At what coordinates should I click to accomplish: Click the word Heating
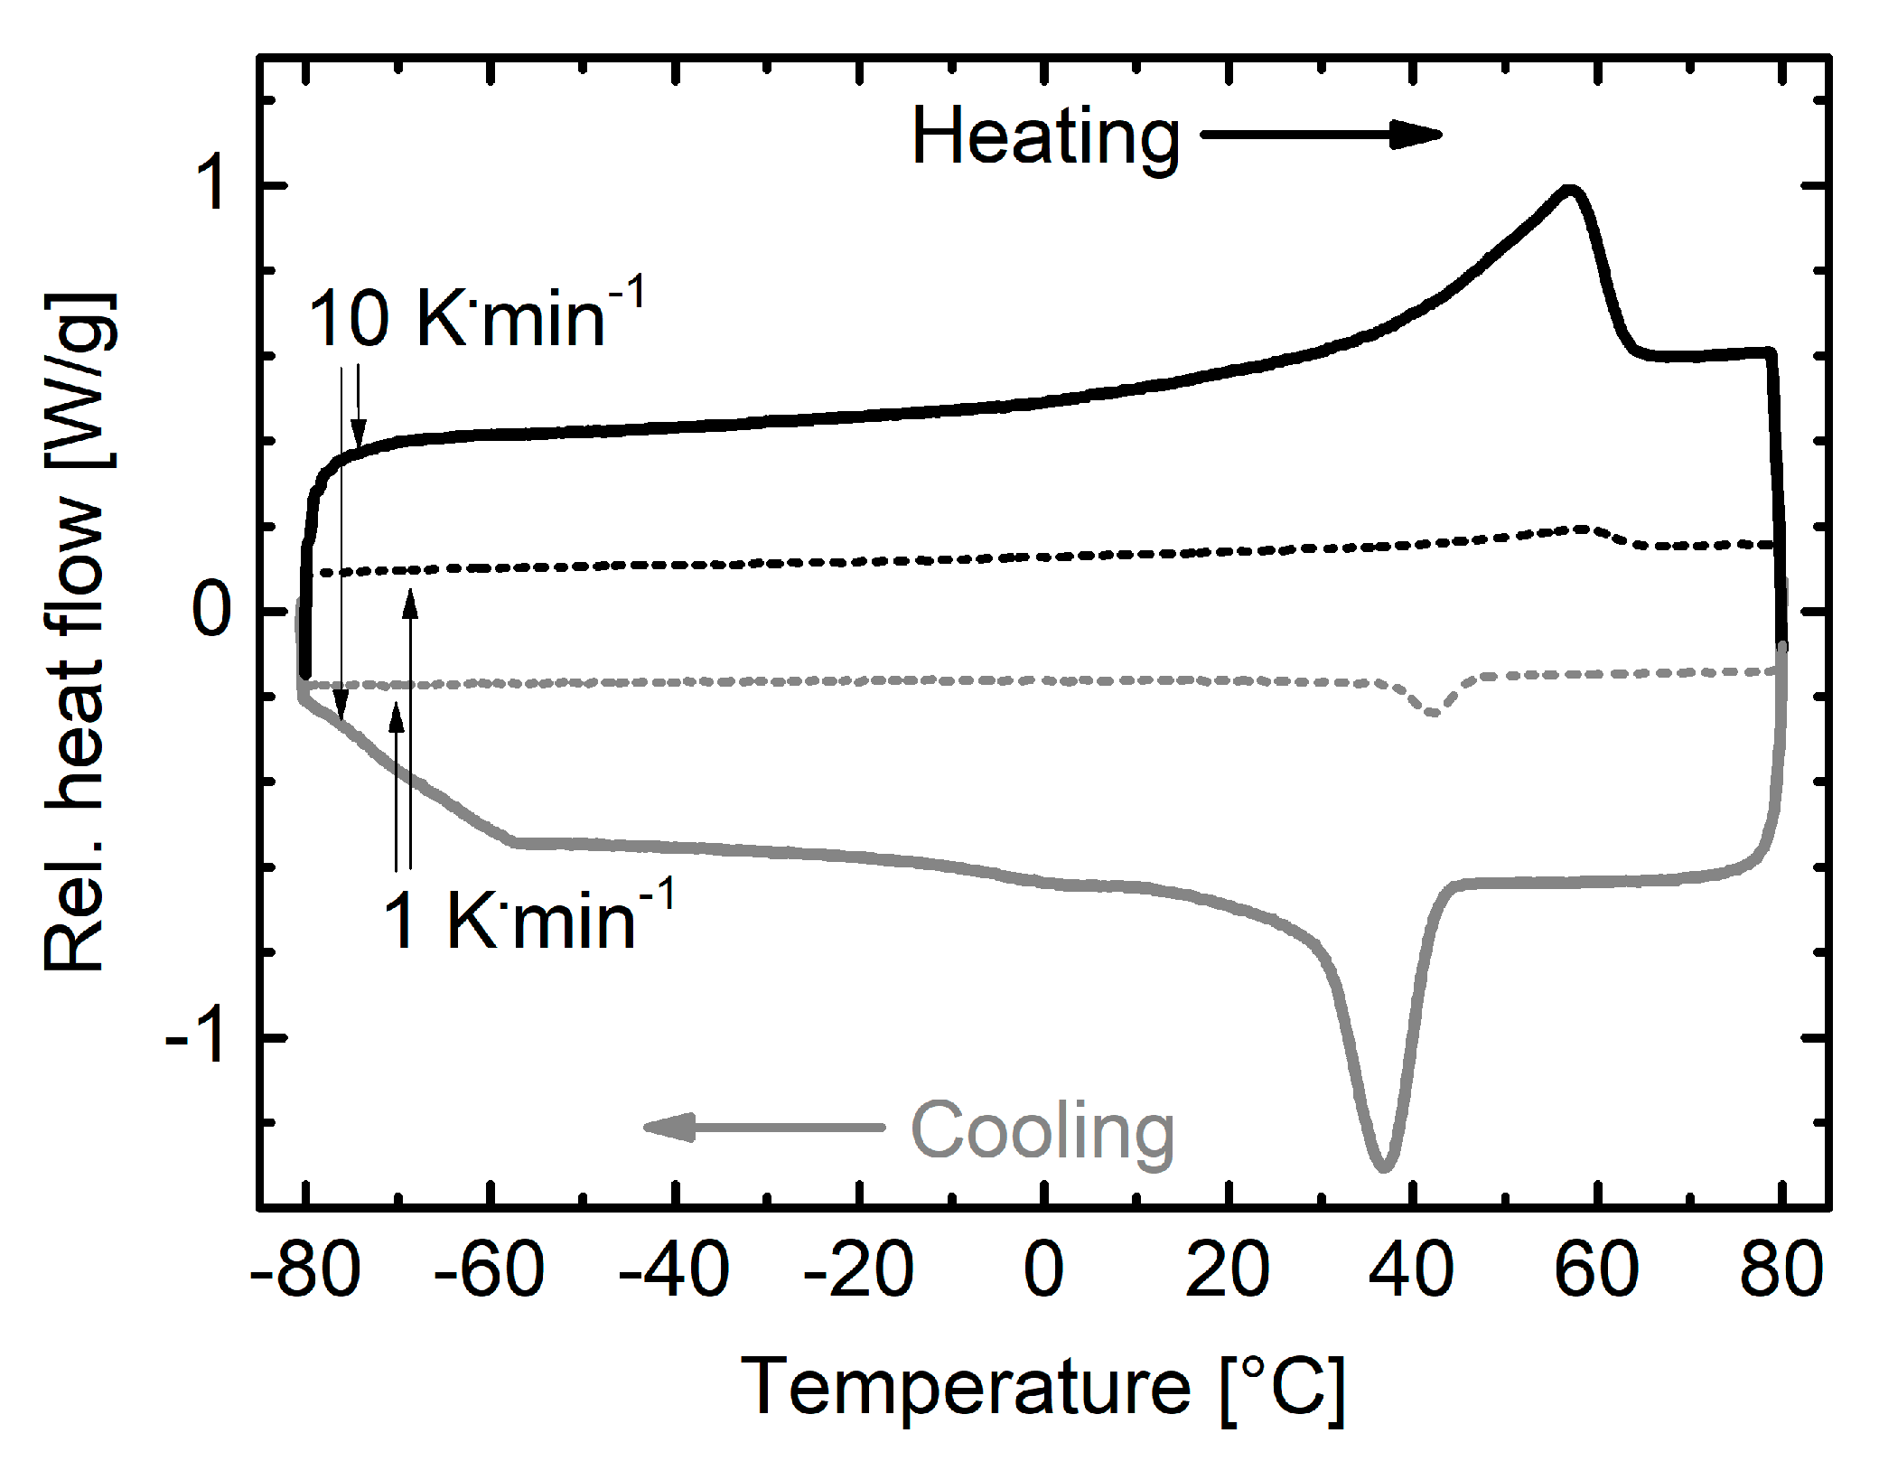[1045, 137]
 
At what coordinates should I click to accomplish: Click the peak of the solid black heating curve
[1569, 190]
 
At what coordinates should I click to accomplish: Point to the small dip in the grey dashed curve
[1433, 712]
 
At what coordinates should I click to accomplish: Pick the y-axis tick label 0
[212, 611]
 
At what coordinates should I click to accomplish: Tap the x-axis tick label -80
[305, 1269]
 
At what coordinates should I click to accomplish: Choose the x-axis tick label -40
[674, 1269]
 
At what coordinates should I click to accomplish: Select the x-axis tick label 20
[1228, 1269]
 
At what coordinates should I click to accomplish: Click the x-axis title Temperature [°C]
[1043, 1387]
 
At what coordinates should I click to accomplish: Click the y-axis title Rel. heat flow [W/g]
[79, 632]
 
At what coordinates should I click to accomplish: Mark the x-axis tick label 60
[1596, 1269]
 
